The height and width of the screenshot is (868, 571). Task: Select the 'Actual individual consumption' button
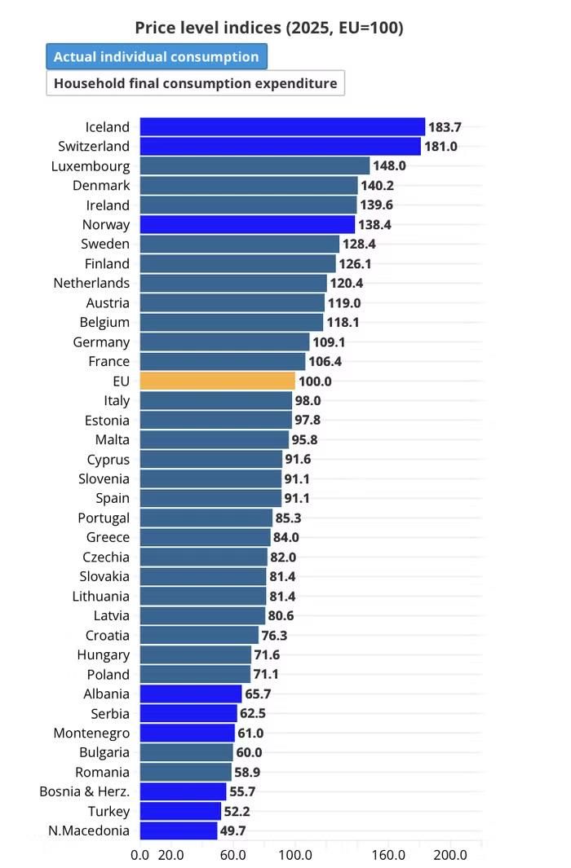pyautogui.click(x=156, y=56)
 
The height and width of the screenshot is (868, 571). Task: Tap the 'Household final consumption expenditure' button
pyautogui.click(x=195, y=83)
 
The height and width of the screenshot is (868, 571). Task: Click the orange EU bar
pyautogui.click(x=217, y=381)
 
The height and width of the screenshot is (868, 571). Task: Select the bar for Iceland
pyautogui.click(x=282, y=127)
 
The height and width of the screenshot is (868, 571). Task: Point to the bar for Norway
pyautogui.click(x=247, y=224)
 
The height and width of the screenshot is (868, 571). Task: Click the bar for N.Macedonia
pyautogui.click(x=179, y=831)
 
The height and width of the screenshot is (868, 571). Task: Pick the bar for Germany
pyautogui.click(x=224, y=341)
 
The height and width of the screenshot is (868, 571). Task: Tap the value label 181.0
pyautogui.click(x=440, y=146)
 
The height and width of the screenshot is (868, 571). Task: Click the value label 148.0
pyautogui.click(x=389, y=165)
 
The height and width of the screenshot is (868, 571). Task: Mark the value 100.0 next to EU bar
pyautogui.click(x=315, y=381)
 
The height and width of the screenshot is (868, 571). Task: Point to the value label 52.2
pyautogui.click(x=237, y=811)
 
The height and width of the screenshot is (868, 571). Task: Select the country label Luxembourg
pyautogui.click(x=91, y=166)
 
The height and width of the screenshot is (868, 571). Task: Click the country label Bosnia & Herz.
pyautogui.click(x=85, y=791)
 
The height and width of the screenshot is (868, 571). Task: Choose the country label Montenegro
pyautogui.click(x=91, y=733)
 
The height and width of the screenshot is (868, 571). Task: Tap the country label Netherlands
pyautogui.click(x=91, y=283)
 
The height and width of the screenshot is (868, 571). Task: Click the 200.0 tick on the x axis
pyautogui.click(x=449, y=855)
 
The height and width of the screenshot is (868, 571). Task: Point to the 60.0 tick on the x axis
pyautogui.click(x=232, y=855)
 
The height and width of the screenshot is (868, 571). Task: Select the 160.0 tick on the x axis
pyautogui.click(x=387, y=855)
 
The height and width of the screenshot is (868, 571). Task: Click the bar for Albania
pyautogui.click(x=191, y=694)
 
